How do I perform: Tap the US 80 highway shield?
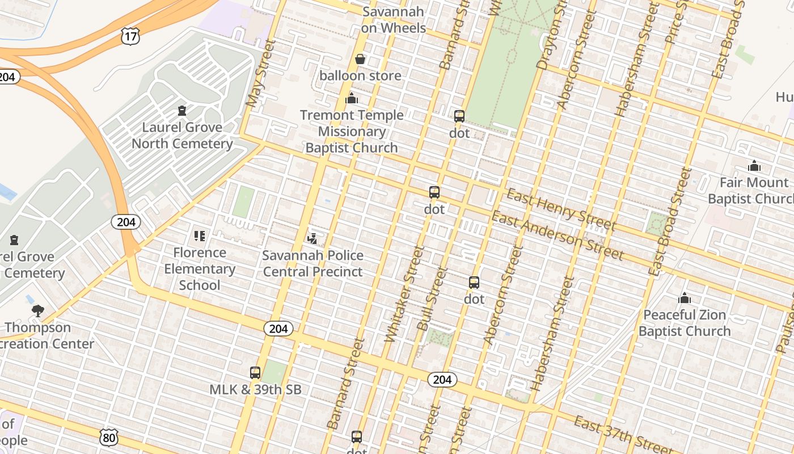click(109, 437)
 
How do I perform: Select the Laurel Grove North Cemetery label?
click(182, 135)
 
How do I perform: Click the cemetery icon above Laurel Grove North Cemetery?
click(182, 110)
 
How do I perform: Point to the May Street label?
click(260, 73)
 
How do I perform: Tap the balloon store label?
click(360, 75)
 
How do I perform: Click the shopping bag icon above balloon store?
click(360, 59)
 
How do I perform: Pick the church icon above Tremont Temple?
click(352, 99)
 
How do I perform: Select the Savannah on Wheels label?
click(393, 20)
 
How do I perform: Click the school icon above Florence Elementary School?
click(199, 236)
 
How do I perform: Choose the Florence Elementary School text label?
click(200, 269)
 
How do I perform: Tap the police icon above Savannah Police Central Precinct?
click(312, 238)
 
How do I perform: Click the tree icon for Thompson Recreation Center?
click(38, 310)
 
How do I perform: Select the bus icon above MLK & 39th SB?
click(255, 373)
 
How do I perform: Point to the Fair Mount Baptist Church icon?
click(754, 166)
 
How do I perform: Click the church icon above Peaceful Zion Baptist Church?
click(685, 298)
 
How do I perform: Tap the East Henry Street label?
click(560, 210)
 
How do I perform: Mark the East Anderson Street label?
click(558, 236)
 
